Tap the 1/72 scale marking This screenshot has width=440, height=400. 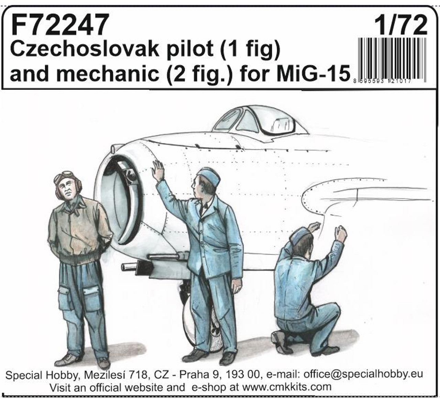tap(400, 25)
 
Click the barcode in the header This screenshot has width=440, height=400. tap(392, 60)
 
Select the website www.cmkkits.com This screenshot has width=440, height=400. tap(287, 387)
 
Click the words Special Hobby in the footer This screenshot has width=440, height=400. tap(42, 375)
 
